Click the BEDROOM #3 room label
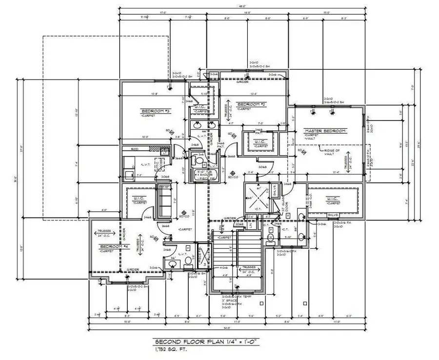(x=155, y=111)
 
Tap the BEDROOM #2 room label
(x=251, y=104)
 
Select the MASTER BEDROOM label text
(x=325, y=131)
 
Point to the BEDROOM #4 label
(x=113, y=247)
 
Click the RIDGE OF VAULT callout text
(x=333, y=152)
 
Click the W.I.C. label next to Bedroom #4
(x=137, y=198)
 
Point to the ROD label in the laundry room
(x=135, y=148)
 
